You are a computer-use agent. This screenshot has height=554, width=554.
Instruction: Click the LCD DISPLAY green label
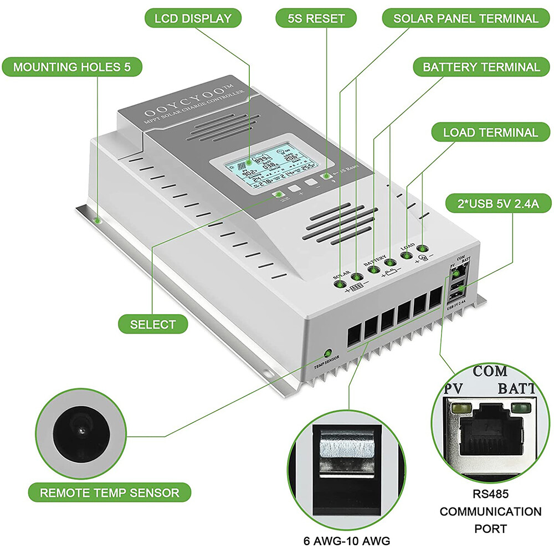193,18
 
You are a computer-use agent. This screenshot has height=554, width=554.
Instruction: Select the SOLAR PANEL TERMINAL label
465,18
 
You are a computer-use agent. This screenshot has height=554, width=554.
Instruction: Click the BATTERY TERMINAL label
481,67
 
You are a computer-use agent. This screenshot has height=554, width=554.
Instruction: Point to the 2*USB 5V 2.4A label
499,203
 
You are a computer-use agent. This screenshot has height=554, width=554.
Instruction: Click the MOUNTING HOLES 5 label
71,67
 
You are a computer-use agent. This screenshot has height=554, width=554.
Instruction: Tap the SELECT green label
153,325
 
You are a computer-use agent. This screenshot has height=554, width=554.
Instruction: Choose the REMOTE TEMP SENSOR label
109,492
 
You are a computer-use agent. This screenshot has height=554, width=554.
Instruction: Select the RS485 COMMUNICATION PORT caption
490,511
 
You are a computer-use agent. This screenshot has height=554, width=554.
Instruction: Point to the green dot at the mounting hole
98,221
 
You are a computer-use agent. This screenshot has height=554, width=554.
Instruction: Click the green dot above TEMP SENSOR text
327,353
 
